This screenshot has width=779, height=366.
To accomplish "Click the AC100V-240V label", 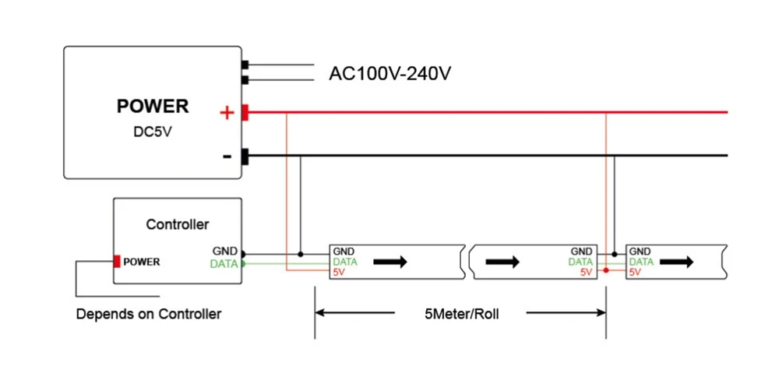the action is tap(390, 74).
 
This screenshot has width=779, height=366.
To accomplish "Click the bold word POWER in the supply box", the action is tap(153, 106).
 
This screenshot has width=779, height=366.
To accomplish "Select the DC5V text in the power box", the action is tap(153, 134).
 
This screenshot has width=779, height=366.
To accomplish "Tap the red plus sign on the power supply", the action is tap(227, 113).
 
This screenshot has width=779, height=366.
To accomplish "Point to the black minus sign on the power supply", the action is tap(227, 157).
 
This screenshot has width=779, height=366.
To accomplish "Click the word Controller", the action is tap(178, 224).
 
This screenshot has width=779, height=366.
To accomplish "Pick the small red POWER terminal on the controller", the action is tap(117, 261).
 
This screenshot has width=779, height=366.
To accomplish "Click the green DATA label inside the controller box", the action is tap(224, 264).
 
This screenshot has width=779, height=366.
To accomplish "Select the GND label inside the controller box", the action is tap(225, 252).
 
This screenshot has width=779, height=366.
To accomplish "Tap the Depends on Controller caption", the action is tap(149, 315).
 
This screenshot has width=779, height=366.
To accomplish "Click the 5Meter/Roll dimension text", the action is tap(461, 314).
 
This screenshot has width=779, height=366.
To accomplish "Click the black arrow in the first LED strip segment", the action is tap(390, 262).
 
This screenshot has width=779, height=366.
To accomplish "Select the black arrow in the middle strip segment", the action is tap(502, 262).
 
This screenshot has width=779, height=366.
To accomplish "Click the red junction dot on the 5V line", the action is tap(606, 271).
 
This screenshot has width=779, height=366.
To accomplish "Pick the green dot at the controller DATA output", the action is tap(243, 264).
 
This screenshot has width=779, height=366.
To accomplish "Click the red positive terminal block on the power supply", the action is tap(245, 113).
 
